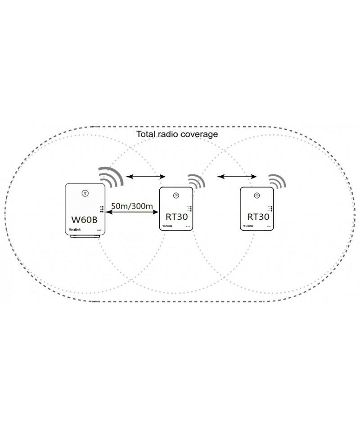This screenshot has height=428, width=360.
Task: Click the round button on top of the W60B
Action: [x=85, y=194]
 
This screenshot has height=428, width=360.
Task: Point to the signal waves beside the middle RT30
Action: [x=197, y=182]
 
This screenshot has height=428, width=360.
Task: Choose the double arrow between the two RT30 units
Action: [x=234, y=176]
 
